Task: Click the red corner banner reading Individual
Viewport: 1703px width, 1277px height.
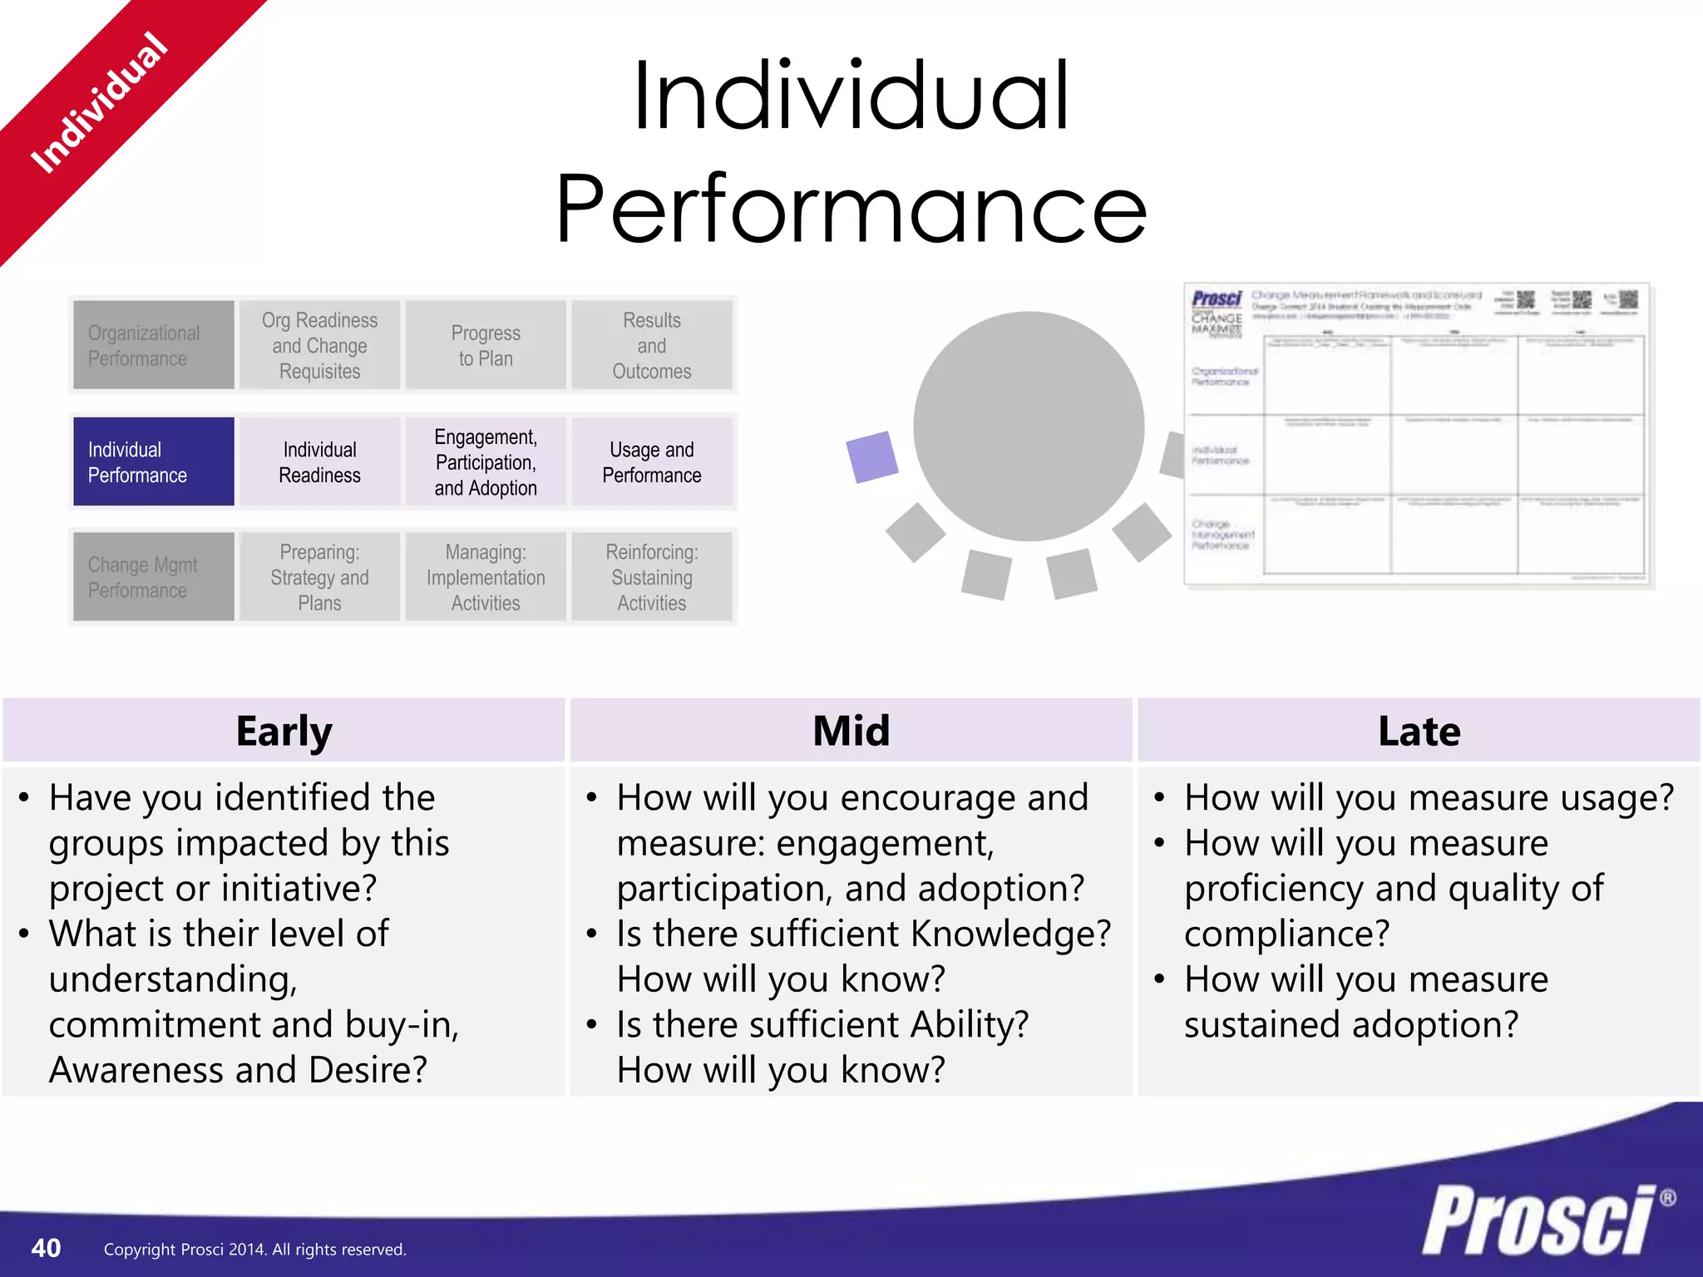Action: (x=100, y=104)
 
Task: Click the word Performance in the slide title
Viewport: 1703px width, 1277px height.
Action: (x=851, y=208)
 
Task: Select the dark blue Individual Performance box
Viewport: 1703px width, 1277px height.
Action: (x=153, y=461)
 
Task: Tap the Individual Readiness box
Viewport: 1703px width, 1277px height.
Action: (x=319, y=461)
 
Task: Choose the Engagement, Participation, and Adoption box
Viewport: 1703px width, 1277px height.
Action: (x=486, y=461)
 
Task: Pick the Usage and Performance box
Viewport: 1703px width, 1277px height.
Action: (x=652, y=461)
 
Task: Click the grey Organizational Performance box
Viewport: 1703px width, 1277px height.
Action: (x=153, y=345)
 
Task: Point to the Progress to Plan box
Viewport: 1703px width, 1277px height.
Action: (x=486, y=345)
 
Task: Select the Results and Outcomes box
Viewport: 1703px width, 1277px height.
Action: (x=652, y=345)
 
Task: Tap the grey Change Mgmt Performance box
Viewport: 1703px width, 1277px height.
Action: (x=153, y=577)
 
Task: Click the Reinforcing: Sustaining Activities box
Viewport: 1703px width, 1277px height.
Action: (x=652, y=577)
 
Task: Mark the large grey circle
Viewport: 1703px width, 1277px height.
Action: (x=1029, y=426)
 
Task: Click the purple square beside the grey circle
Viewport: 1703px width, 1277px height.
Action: (x=871, y=456)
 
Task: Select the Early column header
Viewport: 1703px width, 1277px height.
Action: (x=284, y=731)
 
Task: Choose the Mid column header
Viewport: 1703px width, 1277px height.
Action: (x=851, y=731)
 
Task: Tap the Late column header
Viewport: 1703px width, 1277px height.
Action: (x=1419, y=731)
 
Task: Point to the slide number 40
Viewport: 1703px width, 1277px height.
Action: (x=46, y=1248)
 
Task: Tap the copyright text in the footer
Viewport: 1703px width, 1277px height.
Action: (x=254, y=1250)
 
